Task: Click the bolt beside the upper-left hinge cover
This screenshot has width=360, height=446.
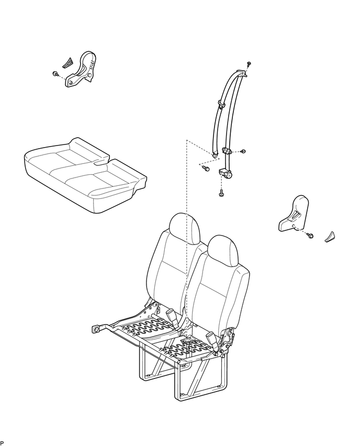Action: tap(55, 74)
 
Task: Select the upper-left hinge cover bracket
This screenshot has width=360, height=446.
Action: tap(83, 70)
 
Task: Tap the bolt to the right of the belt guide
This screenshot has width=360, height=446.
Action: tap(243, 151)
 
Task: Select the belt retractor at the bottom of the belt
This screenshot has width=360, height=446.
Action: tap(226, 173)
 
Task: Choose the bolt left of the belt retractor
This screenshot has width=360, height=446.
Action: tap(205, 168)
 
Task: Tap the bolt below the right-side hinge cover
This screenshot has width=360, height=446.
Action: tap(310, 236)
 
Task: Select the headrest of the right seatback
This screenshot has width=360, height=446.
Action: tap(223, 249)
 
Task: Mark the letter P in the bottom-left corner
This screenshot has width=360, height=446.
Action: tap(2, 443)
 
